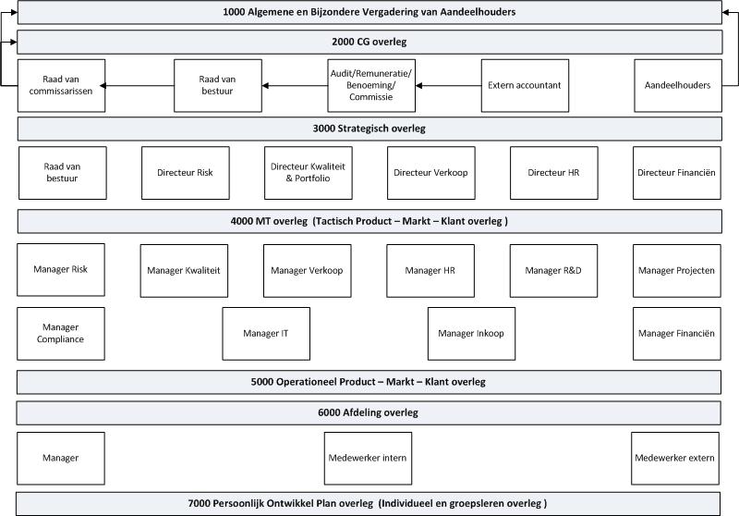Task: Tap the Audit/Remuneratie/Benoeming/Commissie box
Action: coord(371,85)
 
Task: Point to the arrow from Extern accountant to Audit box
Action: coord(449,85)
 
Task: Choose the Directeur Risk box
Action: coord(185,173)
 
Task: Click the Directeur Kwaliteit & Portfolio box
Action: coord(308,173)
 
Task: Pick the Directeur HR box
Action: coord(554,173)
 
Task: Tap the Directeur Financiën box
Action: coord(677,173)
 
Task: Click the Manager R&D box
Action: coord(554,270)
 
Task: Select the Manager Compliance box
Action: coord(62,333)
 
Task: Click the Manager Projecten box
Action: coord(677,270)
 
